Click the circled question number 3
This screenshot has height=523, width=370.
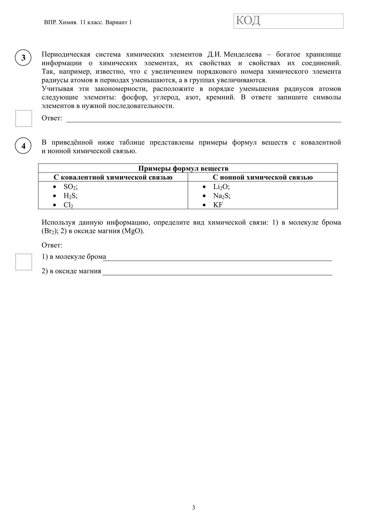23,58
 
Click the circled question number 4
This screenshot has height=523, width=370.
23,146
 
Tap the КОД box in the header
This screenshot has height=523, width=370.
288,21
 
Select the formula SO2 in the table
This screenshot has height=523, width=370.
70,187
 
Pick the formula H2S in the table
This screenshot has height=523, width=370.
70,196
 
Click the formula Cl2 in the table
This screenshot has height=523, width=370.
68,205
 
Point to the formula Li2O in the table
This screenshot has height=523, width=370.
221,187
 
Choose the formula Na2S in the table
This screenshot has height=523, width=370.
222,196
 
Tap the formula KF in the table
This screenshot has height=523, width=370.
218,205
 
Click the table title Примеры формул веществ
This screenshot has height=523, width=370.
183,168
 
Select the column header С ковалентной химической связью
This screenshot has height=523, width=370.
113,177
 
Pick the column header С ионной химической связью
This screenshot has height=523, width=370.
263,177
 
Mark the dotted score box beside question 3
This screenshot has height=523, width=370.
24,119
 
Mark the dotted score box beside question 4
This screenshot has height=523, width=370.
24,261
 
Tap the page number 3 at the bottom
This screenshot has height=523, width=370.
194,508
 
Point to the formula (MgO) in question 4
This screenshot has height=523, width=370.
133,231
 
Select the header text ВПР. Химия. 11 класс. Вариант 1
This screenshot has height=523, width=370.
88,23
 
